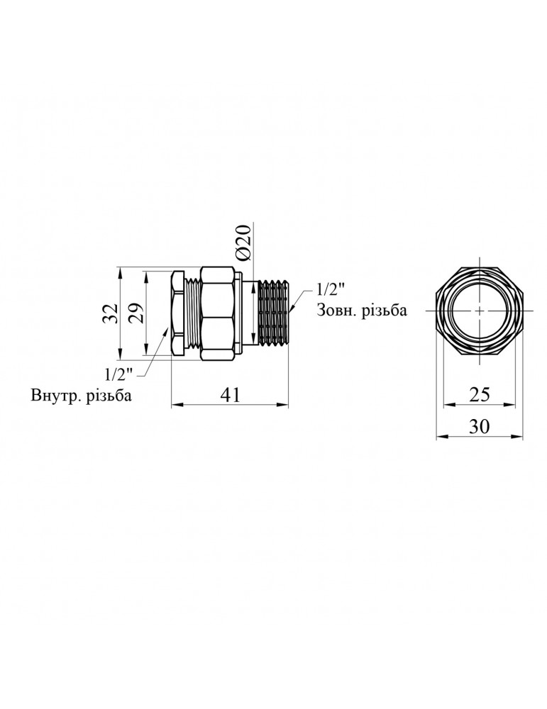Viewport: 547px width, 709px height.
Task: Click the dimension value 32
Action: pos(109,313)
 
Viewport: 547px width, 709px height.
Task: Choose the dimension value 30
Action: pos(480,426)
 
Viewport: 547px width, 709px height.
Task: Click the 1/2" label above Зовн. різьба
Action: pos(329,290)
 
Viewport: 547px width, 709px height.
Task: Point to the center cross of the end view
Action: pos(480,311)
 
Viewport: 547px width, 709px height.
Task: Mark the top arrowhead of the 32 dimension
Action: pos(121,272)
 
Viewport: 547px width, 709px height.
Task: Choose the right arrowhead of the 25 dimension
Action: pos(512,406)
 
